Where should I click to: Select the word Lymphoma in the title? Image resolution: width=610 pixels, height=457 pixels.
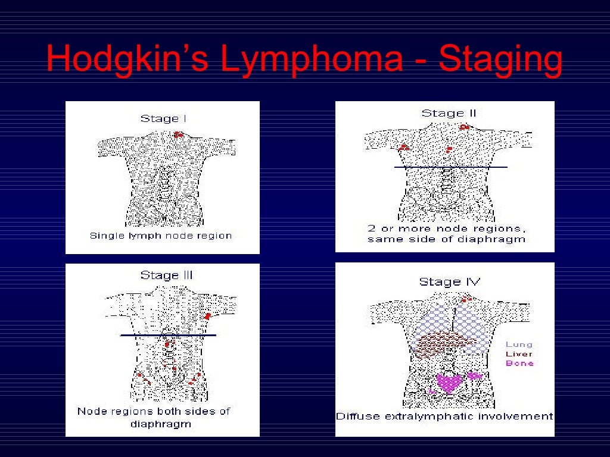tap(311, 60)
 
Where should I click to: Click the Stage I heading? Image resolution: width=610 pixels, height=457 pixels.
tap(163, 118)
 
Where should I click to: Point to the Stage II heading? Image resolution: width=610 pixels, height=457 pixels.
tap(449, 113)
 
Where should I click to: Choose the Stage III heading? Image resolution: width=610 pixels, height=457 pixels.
tap(167, 275)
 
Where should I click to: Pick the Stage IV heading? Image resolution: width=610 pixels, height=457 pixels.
tap(450, 281)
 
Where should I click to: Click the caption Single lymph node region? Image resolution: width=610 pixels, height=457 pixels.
tap(160, 235)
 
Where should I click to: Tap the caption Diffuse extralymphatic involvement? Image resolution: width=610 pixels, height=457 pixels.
tap(444, 416)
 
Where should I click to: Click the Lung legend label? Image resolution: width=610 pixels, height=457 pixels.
tap(519, 344)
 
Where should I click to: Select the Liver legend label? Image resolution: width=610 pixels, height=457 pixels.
tap(519, 353)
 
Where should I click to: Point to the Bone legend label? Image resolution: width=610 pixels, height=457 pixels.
tap(519, 363)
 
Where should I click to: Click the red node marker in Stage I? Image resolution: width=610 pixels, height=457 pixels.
tap(178, 134)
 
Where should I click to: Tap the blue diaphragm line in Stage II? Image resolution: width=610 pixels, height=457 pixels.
tap(451, 167)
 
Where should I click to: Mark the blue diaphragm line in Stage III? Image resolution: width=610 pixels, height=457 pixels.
tap(168, 336)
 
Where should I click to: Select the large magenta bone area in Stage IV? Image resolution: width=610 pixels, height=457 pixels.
tap(449, 381)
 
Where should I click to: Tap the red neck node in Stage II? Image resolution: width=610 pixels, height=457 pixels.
tap(464, 127)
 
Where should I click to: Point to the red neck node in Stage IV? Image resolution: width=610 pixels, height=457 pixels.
tap(466, 299)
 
